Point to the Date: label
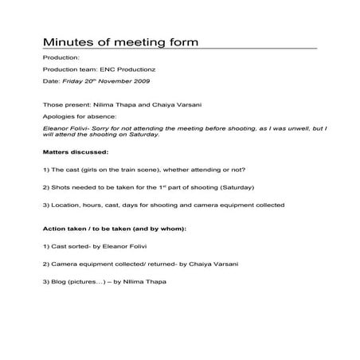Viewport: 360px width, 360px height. [50, 81]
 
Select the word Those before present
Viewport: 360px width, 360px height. [52, 105]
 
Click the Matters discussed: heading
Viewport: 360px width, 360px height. [75, 151]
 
